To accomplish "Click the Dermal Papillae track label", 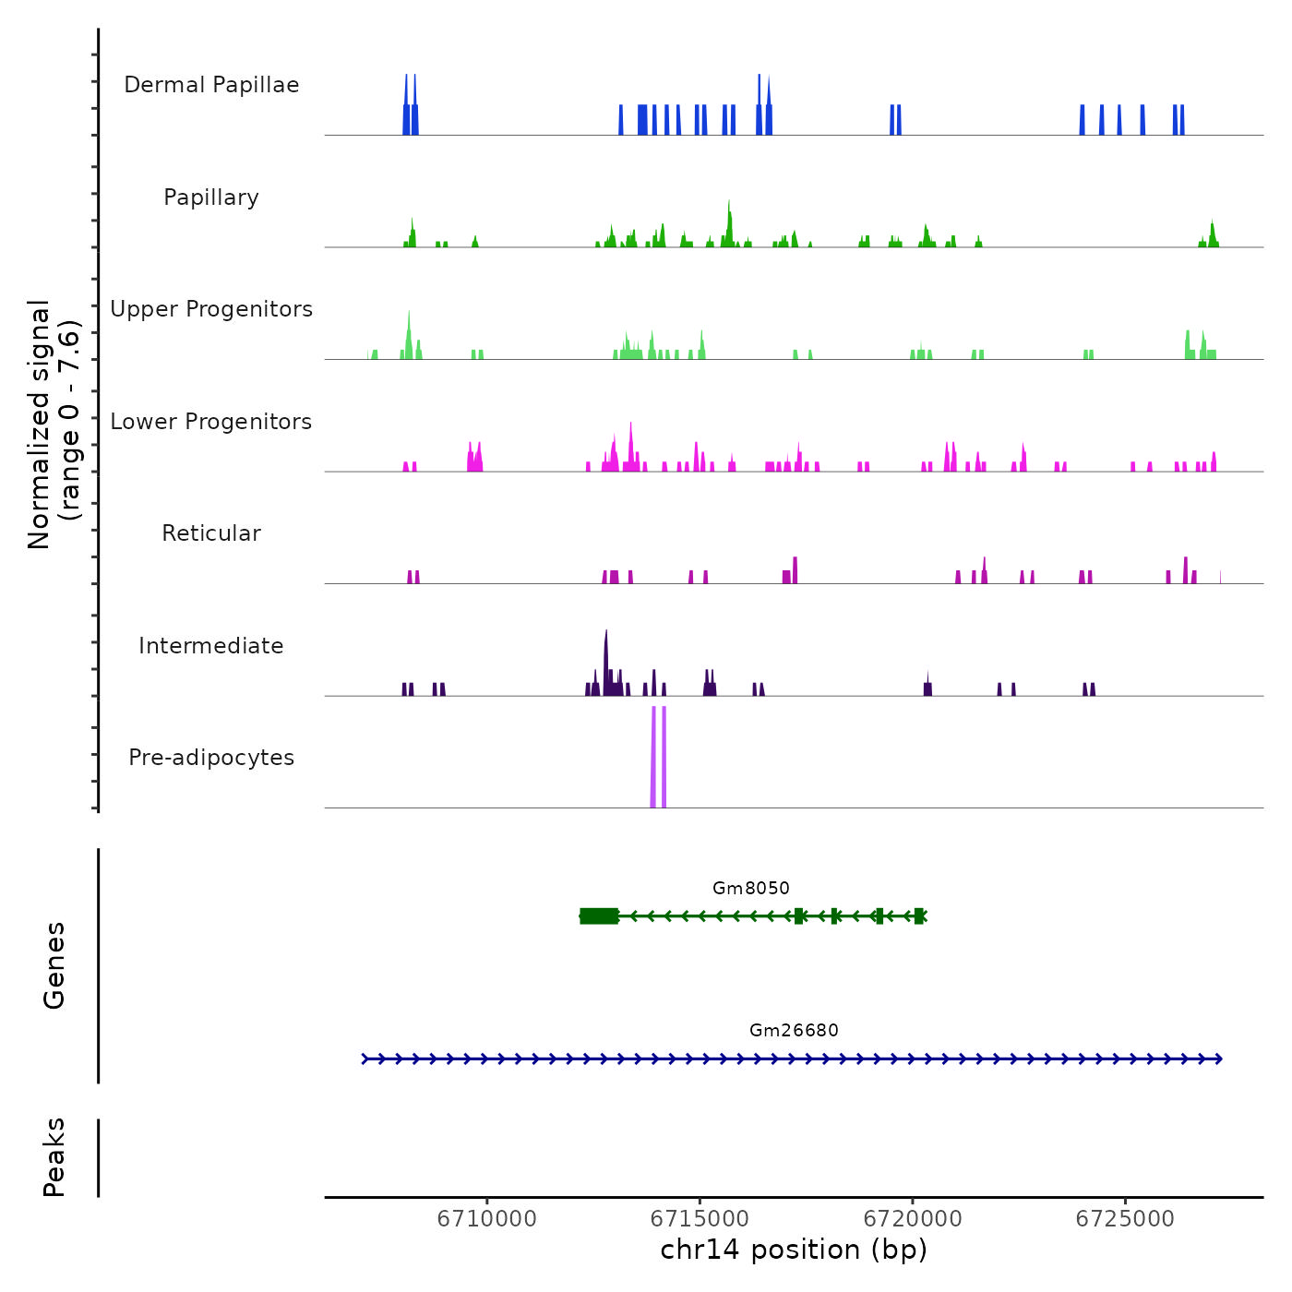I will point(211,85).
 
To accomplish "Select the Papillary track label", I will point(211,197).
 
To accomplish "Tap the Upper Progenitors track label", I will point(211,309).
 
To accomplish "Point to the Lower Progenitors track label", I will point(211,422).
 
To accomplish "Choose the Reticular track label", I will point(211,533).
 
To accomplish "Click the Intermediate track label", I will point(211,646).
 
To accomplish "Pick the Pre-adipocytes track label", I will point(211,758).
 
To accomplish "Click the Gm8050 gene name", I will point(751,889).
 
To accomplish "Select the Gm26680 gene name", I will point(794,1031).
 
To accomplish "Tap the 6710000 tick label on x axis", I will point(486,1219).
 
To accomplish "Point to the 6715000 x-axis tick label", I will point(700,1219).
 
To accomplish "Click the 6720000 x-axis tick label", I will point(913,1219).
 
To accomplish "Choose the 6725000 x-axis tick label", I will point(1125,1219).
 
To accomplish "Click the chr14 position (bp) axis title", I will point(794,1250).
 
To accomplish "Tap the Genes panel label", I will point(54,965).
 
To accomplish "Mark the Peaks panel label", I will point(54,1157).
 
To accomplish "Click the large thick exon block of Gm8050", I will point(600,916).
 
